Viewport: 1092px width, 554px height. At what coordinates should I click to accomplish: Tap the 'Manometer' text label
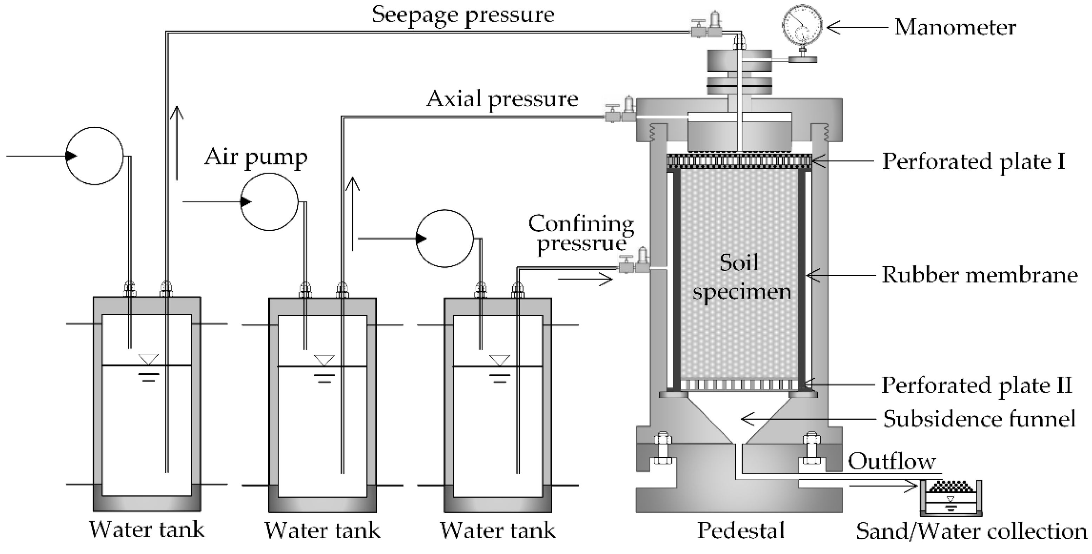pyautogui.click(x=955, y=27)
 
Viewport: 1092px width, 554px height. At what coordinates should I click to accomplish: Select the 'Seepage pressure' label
pyautogui.click(x=463, y=15)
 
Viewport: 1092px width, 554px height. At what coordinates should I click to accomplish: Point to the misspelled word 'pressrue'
pyautogui.click(x=581, y=243)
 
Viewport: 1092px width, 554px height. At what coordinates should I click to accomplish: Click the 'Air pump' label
pyautogui.click(x=256, y=157)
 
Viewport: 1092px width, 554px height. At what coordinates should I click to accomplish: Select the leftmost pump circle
pyautogui.click(x=95, y=156)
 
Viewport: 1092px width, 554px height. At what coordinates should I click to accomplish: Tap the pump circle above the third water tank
pyautogui.click(x=444, y=239)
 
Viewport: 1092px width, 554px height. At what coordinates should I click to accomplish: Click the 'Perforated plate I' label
pyautogui.click(x=973, y=162)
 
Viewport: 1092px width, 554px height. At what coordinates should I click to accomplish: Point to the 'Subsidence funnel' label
pyautogui.click(x=979, y=419)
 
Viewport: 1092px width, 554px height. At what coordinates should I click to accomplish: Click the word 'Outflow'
pyautogui.click(x=892, y=462)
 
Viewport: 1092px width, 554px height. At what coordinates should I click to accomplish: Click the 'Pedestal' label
pyautogui.click(x=741, y=530)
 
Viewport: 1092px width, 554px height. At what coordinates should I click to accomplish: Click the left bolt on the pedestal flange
pyautogui.click(x=663, y=450)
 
